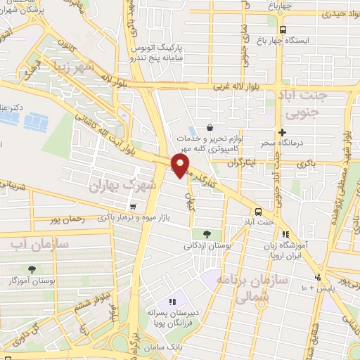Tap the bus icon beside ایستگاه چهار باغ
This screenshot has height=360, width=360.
tap(283, 30)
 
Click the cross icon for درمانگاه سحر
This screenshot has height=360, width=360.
tap(282, 132)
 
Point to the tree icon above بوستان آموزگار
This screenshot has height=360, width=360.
tap(32, 269)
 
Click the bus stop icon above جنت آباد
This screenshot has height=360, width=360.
tap(258, 211)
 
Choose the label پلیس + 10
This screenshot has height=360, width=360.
tap(319, 288)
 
